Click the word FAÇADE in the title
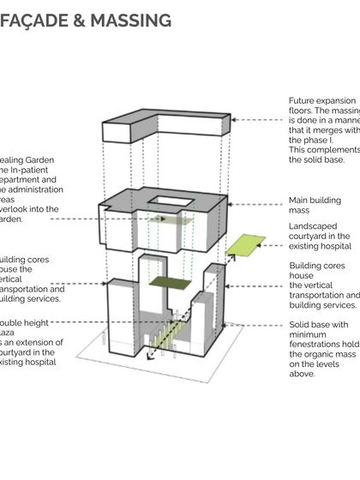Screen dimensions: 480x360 tap(37, 19)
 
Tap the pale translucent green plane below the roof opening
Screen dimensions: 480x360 tap(166, 220)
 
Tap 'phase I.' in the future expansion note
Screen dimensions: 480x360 tap(305, 141)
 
